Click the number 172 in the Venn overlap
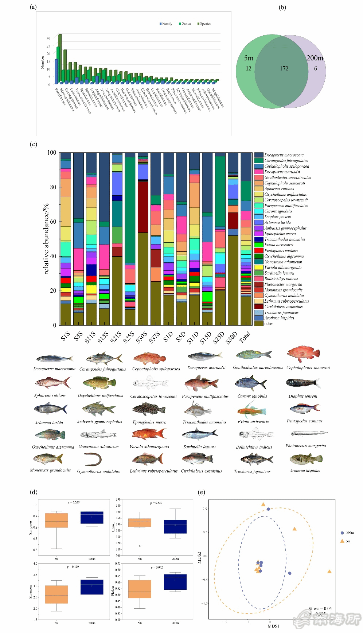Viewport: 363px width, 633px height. (284, 68)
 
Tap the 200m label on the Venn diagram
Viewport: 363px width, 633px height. (315, 58)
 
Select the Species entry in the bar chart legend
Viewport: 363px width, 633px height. (204, 24)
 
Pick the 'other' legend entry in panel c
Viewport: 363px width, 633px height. (269, 323)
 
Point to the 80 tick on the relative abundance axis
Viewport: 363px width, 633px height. (52, 187)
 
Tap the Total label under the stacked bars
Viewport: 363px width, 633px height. (245, 337)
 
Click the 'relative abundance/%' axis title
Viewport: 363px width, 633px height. (46, 239)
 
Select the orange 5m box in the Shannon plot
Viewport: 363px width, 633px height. (56, 594)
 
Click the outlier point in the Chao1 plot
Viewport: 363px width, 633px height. (140, 546)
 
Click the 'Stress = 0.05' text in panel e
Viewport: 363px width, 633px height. (320, 608)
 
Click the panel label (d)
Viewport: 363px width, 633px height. (34, 492)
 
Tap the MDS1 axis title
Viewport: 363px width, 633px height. (273, 626)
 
